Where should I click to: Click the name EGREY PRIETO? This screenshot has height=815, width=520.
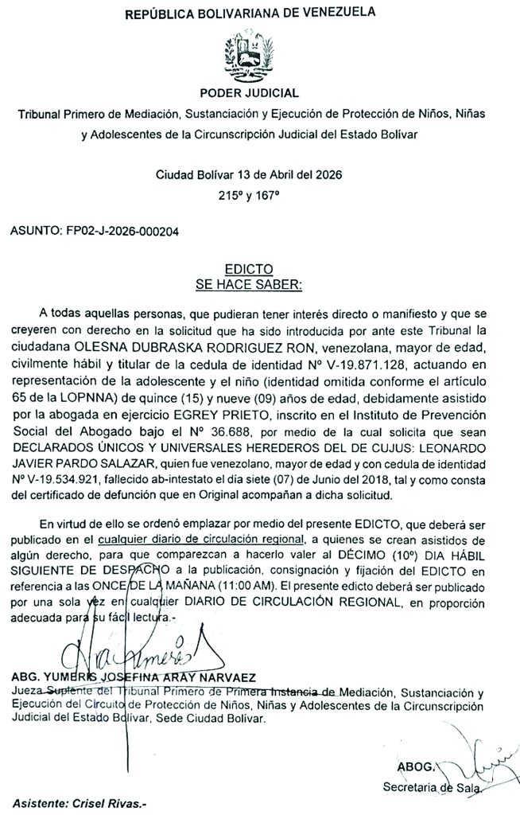click(x=235, y=416)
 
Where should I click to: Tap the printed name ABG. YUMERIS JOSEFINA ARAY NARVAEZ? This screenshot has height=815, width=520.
click(x=133, y=677)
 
